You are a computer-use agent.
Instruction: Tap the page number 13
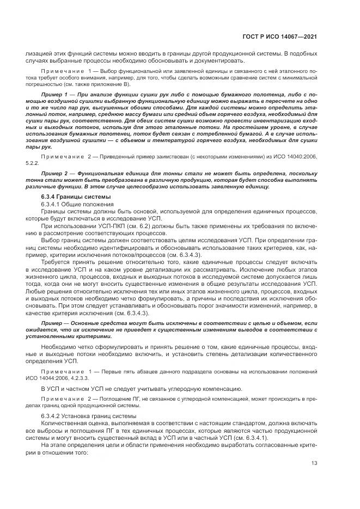[314, 464]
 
